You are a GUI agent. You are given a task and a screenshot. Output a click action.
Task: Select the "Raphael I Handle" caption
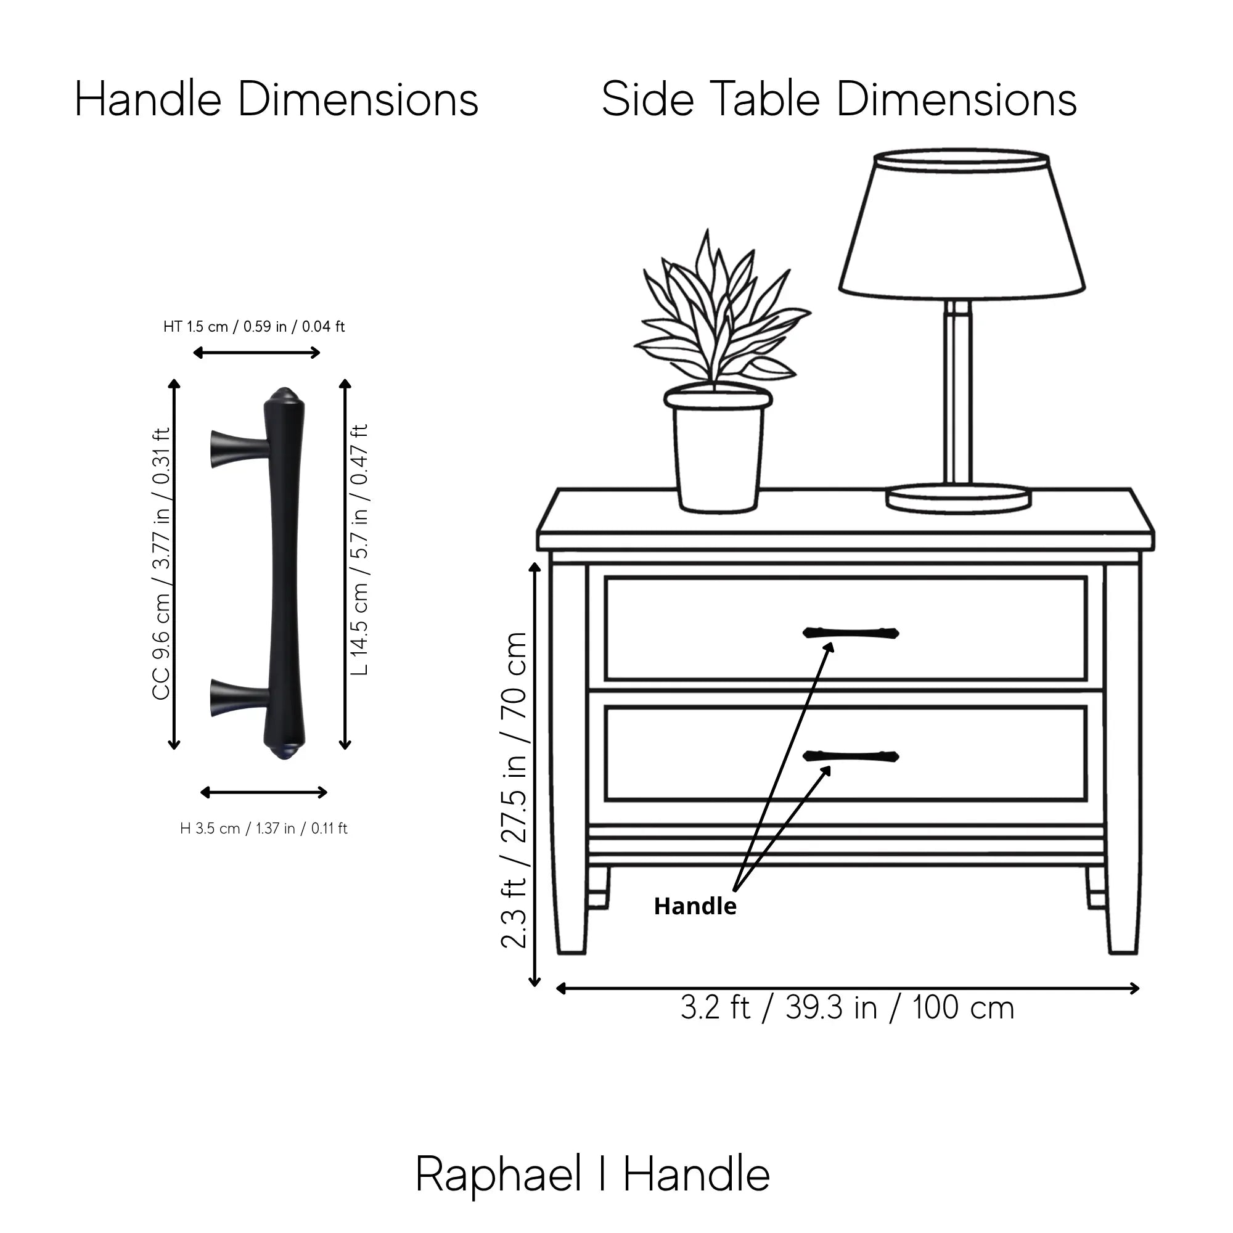(592, 1174)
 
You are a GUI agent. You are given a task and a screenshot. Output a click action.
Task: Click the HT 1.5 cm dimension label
(254, 327)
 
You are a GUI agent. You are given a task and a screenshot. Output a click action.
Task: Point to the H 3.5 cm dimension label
(264, 829)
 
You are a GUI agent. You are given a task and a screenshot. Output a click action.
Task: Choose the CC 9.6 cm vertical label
(162, 563)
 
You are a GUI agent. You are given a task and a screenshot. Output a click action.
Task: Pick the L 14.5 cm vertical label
(359, 549)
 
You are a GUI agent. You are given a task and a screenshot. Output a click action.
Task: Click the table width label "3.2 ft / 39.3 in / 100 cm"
(847, 1008)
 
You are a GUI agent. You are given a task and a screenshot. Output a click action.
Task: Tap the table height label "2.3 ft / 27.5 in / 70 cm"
(514, 790)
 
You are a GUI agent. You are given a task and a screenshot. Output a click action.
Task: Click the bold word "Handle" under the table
(695, 906)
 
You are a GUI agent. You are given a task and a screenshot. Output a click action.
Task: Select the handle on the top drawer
(851, 633)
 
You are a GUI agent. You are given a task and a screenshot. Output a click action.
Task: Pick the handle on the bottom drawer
(851, 756)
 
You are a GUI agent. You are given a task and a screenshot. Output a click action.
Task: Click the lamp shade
(962, 224)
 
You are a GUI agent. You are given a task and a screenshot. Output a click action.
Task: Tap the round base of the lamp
(958, 498)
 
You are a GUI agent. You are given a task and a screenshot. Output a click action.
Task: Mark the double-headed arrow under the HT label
(256, 352)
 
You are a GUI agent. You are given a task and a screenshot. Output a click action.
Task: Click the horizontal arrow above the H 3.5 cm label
(264, 793)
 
